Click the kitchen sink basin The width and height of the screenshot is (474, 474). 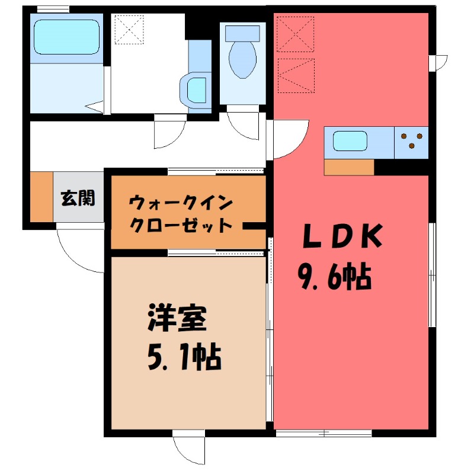click(x=350, y=142)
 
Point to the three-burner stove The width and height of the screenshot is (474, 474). click(x=411, y=143)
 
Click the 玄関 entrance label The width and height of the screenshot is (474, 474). click(x=78, y=198)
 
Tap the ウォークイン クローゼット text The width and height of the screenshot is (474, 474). click(x=180, y=214)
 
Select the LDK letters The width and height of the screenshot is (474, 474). click(x=343, y=238)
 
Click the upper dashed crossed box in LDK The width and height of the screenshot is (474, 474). click(x=295, y=34)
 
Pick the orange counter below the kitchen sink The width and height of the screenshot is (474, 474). click(x=349, y=168)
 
